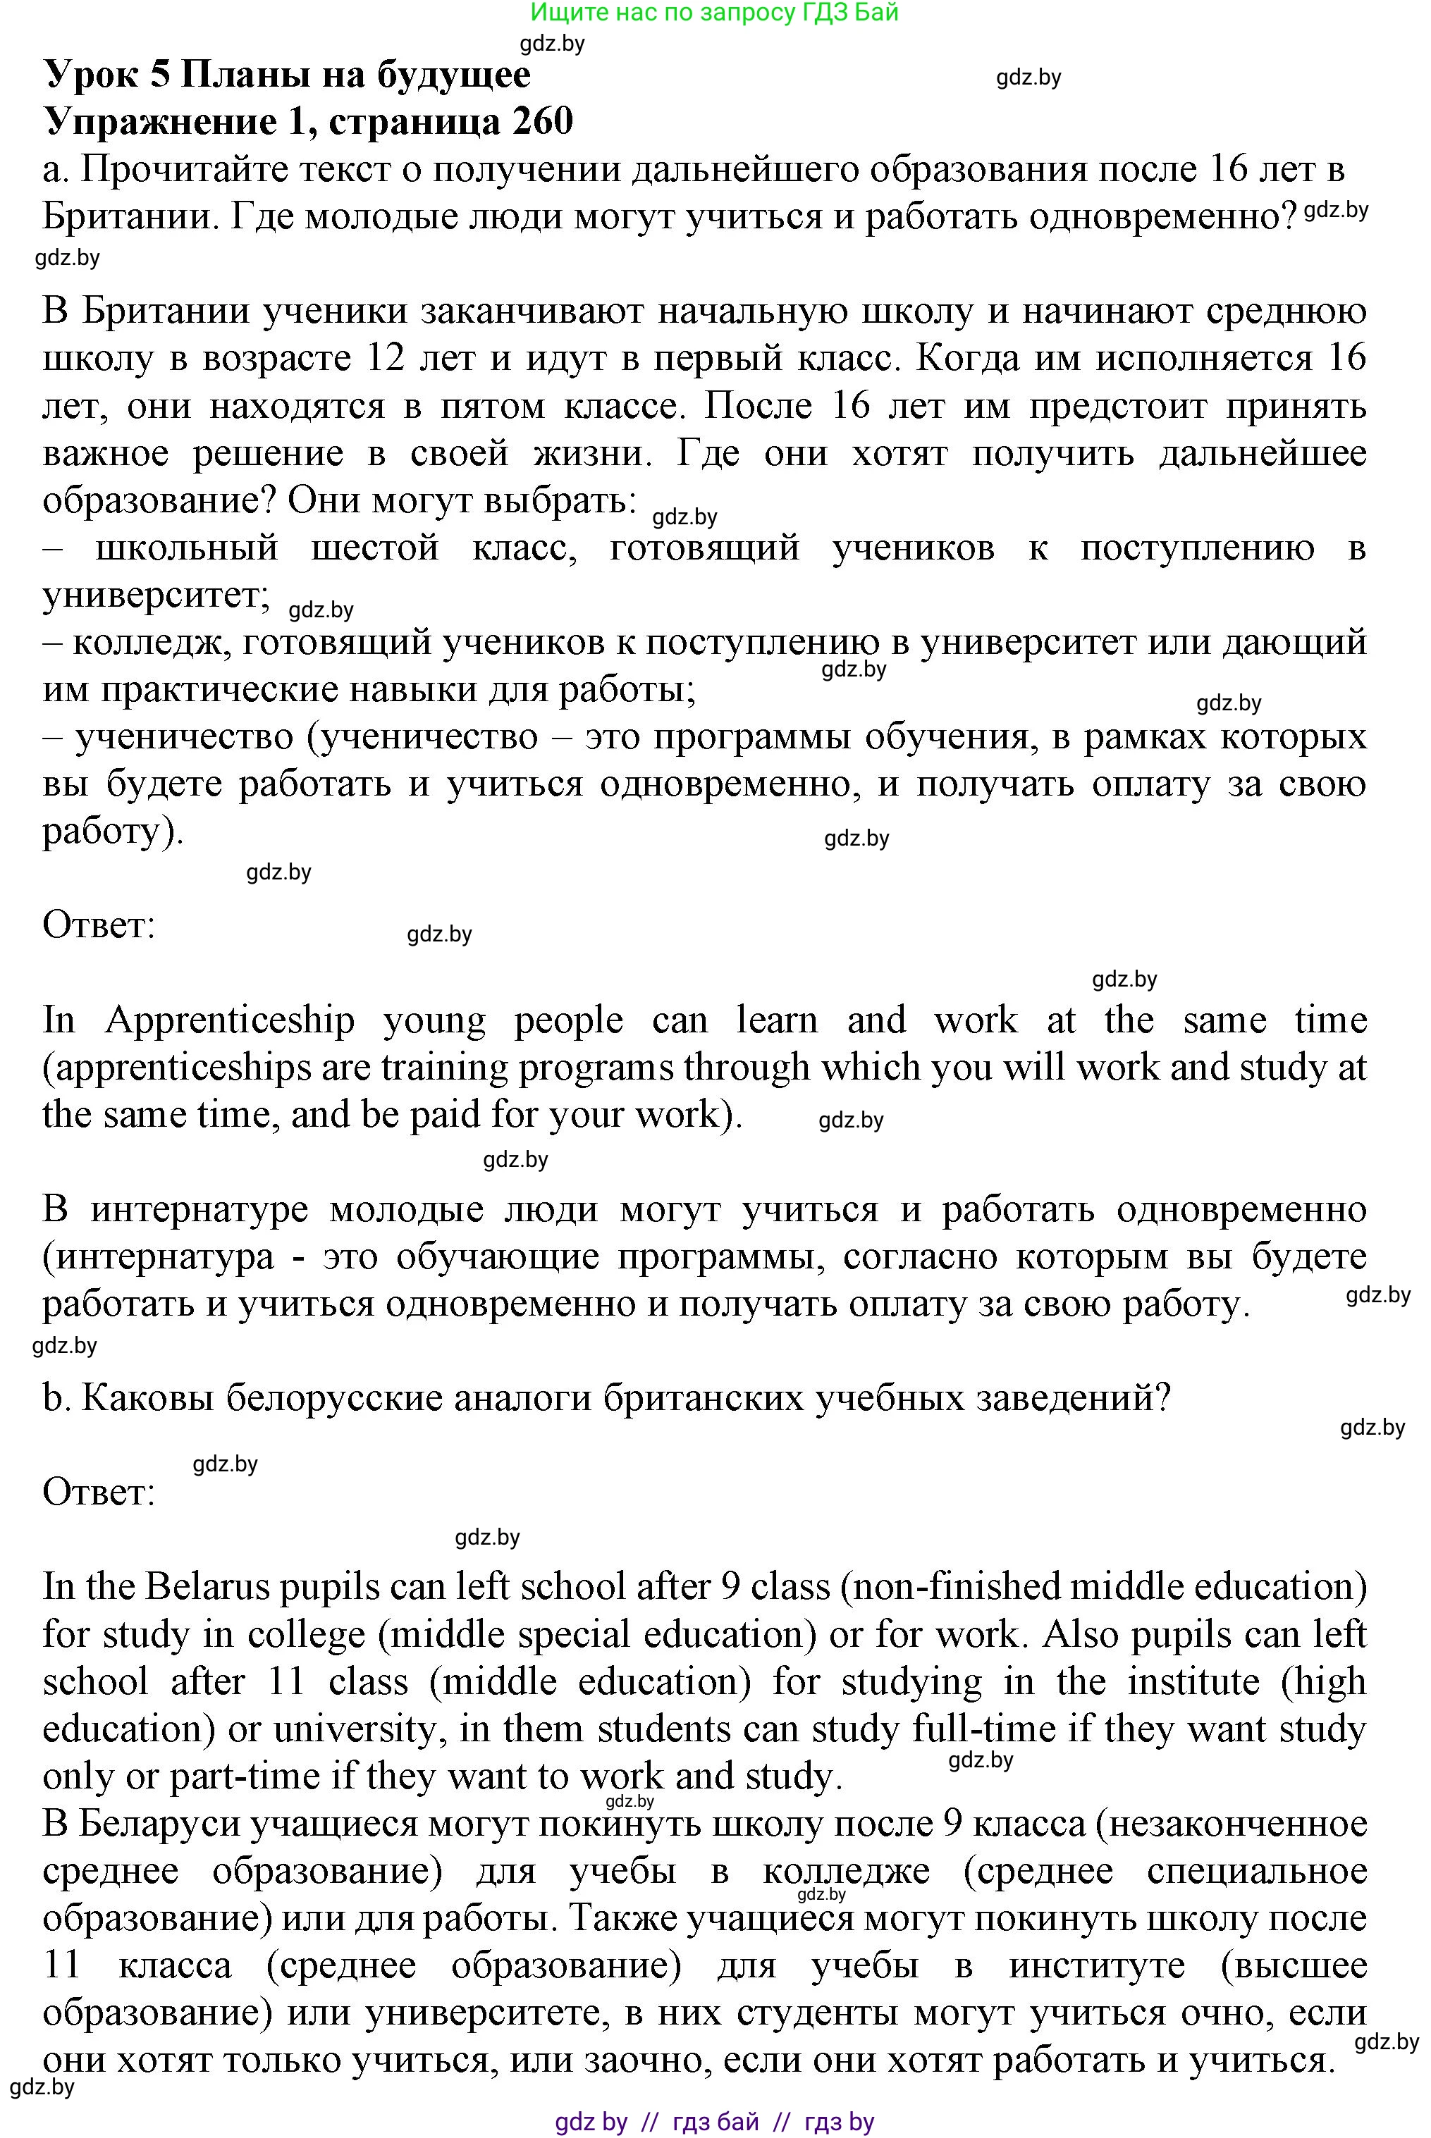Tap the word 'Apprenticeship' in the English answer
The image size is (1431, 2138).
(230, 1020)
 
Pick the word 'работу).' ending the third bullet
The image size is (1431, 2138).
(113, 832)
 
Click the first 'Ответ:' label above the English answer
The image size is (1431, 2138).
(99, 925)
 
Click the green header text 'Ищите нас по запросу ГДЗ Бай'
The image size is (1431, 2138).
(715, 12)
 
